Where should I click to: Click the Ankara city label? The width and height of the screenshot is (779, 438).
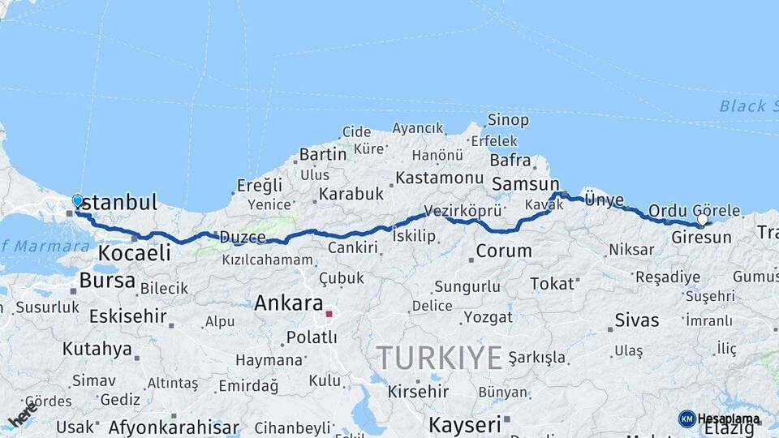[x=288, y=303]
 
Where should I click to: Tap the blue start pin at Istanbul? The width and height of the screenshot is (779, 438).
[x=78, y=200]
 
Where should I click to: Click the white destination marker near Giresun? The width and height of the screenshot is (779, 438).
[x=702, y=219]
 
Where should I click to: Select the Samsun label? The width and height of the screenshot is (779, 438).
[x=526, y=184]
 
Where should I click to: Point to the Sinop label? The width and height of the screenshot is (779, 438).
[x=508, y=120]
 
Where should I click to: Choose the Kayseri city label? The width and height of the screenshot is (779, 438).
[x=464, y=424]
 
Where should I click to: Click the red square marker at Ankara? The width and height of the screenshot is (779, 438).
[x=329, y=313]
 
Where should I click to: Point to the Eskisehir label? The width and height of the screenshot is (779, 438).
[x=127, y=316]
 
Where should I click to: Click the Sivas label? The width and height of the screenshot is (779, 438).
[x=637, y=320]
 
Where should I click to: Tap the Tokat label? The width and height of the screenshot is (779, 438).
[x=552, y=283]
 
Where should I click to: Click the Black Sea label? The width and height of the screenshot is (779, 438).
[x=742, y=106]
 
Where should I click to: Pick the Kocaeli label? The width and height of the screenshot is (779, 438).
[x=134, y=253]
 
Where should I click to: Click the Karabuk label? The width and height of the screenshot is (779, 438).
[x=351, y=195]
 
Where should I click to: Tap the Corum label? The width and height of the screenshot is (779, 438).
[x=504, y=251]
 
